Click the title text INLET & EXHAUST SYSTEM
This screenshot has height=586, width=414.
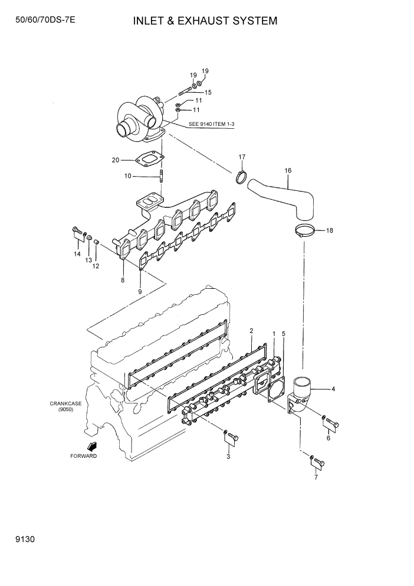(205, 21)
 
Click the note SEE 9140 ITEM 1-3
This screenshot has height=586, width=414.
(212, 125)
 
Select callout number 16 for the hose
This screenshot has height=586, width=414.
(288, 171)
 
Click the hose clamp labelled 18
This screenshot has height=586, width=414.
(302, 231)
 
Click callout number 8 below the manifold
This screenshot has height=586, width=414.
(123, 280)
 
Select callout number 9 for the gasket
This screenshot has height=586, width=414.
(140, 292)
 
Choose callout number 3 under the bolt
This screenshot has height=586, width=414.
(228, 457)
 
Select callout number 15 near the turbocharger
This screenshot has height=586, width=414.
(208, 93)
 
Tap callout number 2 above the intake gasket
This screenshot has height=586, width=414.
(251, 331)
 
